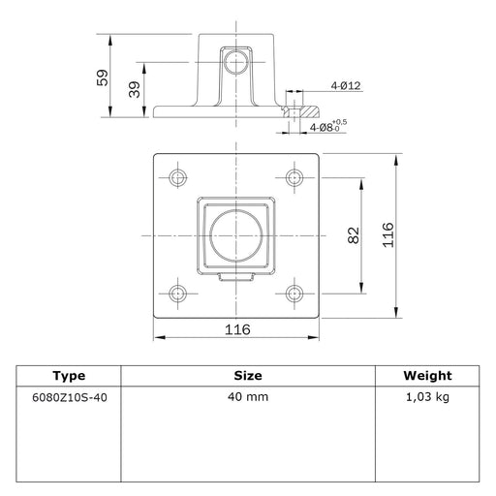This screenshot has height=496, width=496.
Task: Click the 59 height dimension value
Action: coord(103,77)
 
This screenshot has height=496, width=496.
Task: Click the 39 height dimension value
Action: coord(135,89)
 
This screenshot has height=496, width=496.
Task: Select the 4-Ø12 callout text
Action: coord(346,85)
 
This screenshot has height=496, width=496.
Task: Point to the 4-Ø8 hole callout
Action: coord(328,126)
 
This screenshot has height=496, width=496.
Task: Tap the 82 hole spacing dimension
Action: coord(354,235)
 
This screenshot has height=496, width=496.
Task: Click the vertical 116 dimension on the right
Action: coord(388,235)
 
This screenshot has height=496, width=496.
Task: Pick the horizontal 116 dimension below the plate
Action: coord(237,329)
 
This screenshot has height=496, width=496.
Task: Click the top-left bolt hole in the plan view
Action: coord(177,177)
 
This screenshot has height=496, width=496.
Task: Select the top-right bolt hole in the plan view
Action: coord(294,177)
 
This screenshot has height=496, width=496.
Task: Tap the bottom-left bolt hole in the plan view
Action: coord(177,294)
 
